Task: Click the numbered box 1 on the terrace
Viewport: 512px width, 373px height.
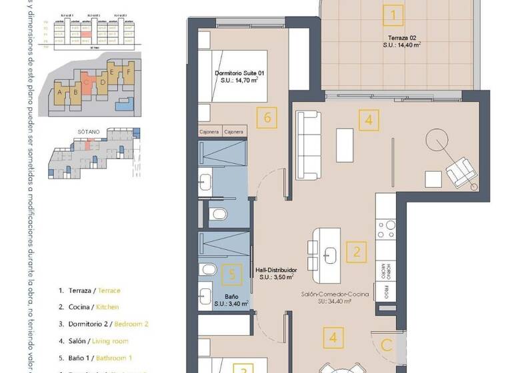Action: tap(394, 14)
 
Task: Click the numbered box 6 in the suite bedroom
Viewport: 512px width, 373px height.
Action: tap(267, 119)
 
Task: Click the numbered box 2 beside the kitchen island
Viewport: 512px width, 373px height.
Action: tap(357, 252)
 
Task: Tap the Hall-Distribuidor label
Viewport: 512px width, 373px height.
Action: tap(275, 270)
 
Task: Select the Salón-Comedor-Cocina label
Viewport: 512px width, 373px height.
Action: tap(335, 294)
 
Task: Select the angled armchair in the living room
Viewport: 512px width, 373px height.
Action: tap(461, 173)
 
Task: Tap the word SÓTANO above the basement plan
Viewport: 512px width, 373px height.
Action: tap(89, 132)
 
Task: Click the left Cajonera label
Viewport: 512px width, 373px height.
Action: tap(210, 132)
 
